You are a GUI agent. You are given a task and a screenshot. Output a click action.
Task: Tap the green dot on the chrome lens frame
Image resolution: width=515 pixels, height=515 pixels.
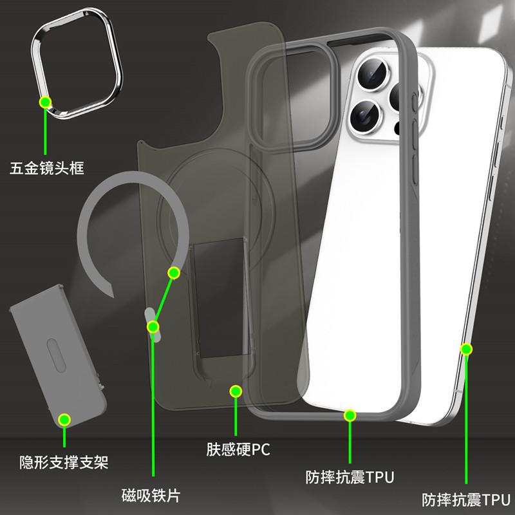pyautogui.click(x=45, y=101)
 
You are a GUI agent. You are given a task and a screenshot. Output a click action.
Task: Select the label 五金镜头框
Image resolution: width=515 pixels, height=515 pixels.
pyautogui.click(x=48, y=169)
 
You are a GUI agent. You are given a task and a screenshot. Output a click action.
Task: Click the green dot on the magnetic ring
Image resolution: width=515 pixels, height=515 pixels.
pyautogui.click(x=173, y=272)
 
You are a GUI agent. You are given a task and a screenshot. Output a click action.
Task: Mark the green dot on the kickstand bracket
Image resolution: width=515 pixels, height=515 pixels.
pyautogui.click(x=64, y=420)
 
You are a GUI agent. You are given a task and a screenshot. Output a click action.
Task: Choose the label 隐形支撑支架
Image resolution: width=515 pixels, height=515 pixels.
pyautogui.click(x=64, y=462)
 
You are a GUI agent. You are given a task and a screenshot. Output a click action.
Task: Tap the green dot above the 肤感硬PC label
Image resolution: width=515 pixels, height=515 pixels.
pyautogui.click(x=236, y=391)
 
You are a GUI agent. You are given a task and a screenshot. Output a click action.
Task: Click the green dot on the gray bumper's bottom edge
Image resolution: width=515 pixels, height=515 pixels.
pyautogui.click(x=350, y=415)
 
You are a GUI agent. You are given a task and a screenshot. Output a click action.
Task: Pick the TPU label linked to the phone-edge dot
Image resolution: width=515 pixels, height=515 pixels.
pyautogui.click(x=465, y=498)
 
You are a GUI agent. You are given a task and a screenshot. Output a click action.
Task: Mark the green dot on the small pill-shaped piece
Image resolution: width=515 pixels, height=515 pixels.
pyautogui.click(x=153, y=327)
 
